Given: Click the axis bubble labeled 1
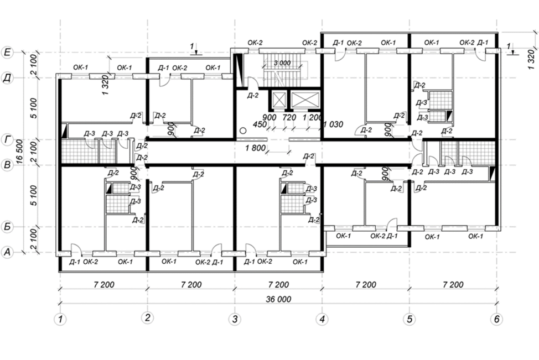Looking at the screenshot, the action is coord(60,319).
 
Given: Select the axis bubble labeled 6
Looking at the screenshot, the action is coord(497,319).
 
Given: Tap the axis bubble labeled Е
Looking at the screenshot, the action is coord(8,52).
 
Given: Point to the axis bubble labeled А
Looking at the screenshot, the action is coord(8,253).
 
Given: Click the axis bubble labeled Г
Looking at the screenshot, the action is coord(8,139).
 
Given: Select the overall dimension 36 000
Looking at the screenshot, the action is coord(278,299).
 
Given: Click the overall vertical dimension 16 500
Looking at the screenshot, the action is coord(19,152).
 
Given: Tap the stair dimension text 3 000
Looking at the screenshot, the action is coord(282,63).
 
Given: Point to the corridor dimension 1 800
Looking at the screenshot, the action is coord(256,148).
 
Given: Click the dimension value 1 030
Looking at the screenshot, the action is coord(334,124).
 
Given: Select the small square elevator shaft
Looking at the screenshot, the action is coord(279,100).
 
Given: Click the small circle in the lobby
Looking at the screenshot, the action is coord(243,131).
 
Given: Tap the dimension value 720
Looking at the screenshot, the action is coord(289,117).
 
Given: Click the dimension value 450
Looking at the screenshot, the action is coord(260,124).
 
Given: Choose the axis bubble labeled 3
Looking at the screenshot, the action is coord(235,319).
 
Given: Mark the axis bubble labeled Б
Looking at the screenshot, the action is coord(8,227).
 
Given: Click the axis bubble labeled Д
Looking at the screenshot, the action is coord(8,78).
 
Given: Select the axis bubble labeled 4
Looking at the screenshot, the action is coord(322,319).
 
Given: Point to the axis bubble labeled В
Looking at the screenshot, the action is coord(8,165).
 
